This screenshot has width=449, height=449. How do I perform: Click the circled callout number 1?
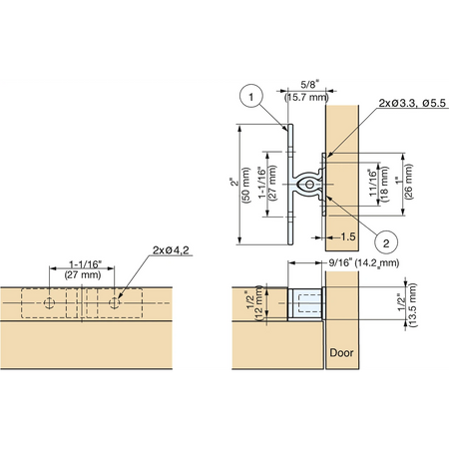[x=251, y=96]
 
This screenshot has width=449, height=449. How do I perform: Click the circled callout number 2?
[x=386, y=243]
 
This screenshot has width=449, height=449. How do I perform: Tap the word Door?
[x=341, y=352]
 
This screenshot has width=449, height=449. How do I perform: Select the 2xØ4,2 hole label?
[x=171, y=250]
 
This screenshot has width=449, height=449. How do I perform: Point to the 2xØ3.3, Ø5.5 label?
[x=412, y=103]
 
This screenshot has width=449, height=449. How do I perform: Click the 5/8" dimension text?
[x=309, y=85]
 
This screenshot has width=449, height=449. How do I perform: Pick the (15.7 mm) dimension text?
[x=306, y=98]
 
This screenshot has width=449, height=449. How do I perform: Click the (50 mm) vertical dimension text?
[x=246, y=185]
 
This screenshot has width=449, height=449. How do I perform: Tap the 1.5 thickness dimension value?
[x=348, y=236]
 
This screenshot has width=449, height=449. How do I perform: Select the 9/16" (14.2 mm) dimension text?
[x=363, y=262]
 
